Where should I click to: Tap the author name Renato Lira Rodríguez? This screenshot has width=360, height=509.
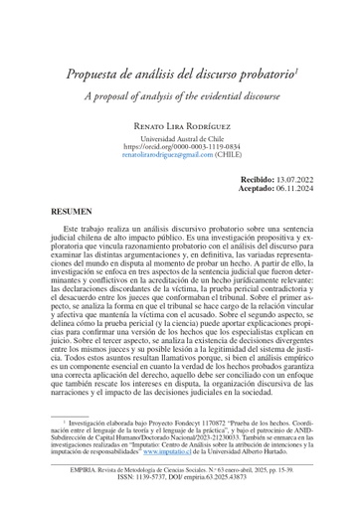[x=180, y=126]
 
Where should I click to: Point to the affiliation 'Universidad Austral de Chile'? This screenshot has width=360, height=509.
[x=180, y=139]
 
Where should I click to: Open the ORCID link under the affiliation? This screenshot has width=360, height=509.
[x=180, y=148]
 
